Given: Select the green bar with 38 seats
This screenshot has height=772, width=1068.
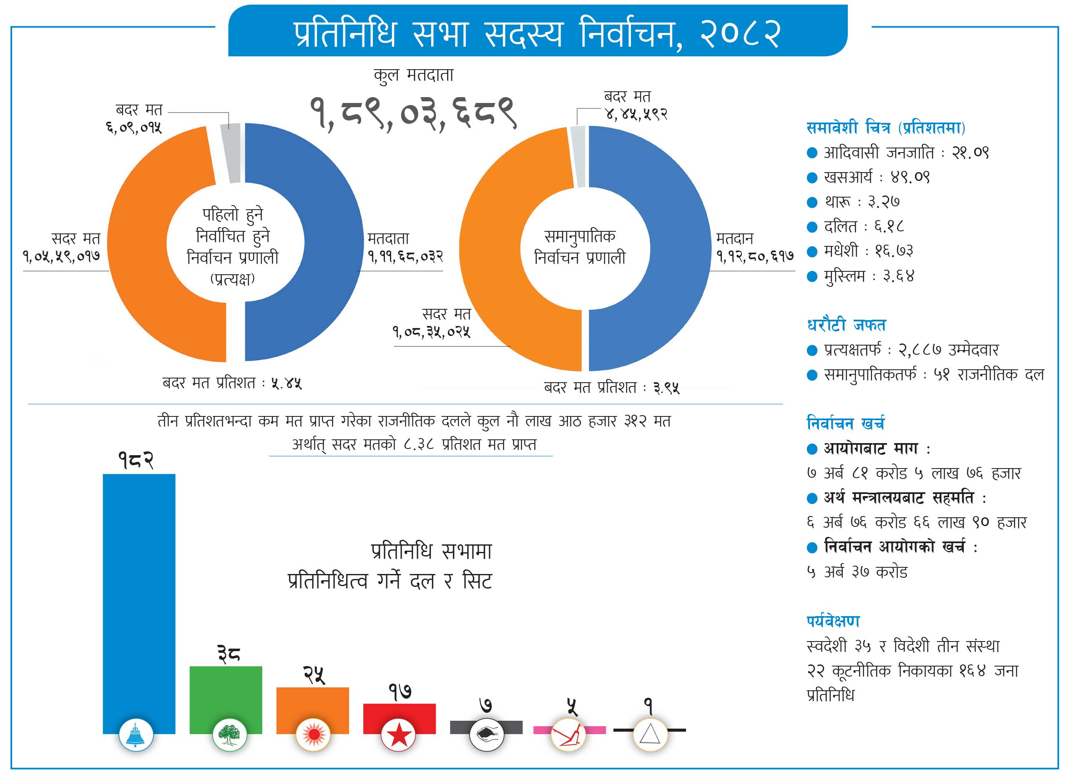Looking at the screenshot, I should point(226,692).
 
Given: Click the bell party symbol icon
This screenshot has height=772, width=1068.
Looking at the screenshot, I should point(136,735).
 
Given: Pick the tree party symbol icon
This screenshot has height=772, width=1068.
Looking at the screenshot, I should point(230,735).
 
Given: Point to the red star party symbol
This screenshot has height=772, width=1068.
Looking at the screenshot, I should point(398,735).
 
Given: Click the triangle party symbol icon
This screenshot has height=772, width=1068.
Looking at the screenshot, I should point(650,735).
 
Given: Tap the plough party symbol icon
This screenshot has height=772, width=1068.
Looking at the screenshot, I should point(568,735).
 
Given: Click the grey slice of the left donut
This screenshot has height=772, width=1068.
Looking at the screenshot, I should point(231,153).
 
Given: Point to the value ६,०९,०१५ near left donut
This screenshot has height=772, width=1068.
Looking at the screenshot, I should point(134,128).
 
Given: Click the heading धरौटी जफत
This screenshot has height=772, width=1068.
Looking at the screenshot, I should point(846,325).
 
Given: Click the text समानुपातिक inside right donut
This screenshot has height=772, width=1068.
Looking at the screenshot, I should point(580,236).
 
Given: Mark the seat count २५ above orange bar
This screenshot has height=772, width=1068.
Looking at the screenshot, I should point(314,674).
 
